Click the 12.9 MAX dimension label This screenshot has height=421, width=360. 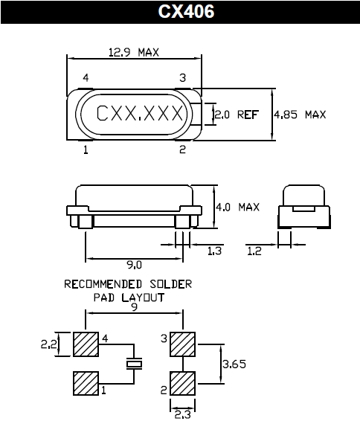135,53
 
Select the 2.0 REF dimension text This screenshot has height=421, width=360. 237,115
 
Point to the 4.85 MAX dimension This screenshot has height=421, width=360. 300,115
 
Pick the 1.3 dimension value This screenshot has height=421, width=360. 214,251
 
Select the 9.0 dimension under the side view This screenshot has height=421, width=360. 134,264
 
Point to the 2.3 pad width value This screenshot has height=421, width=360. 182,414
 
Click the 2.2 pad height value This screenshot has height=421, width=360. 50,344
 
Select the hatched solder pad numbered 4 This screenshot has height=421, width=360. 86,344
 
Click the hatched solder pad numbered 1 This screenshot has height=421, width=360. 86,384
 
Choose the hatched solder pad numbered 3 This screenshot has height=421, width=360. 182,344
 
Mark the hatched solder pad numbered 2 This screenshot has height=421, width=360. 182,384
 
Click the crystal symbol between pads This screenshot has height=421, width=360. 134,364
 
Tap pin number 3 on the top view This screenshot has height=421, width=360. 182,77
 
